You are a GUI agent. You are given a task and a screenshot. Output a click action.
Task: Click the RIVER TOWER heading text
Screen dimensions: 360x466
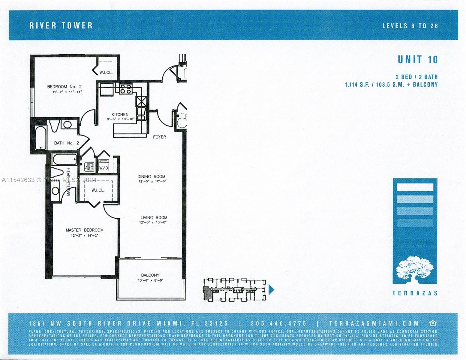[x=61, y=25]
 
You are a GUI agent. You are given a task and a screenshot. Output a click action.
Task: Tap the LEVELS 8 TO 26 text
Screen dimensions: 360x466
[x=410, y=26]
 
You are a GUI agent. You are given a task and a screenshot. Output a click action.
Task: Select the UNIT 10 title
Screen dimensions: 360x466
[x=417, y=60]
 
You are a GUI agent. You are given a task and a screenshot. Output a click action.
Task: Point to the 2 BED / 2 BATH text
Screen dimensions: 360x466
[x=419, y=77]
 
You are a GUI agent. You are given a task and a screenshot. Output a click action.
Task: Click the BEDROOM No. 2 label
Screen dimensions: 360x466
[x=64, y=87]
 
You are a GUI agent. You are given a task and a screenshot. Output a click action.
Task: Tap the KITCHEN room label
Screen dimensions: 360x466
[x=120, y=115]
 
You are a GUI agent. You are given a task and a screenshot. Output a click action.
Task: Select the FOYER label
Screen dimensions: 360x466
[x=159, y=137]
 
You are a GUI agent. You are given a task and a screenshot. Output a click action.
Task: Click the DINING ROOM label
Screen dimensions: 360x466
[x=151, y=177]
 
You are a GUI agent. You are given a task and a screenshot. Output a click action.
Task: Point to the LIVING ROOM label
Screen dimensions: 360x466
[x=154, y=217]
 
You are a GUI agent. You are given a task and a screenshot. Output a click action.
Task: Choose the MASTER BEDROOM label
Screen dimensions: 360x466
[x=85, y=230]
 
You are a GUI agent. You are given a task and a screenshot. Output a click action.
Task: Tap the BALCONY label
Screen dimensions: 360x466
[x=150, y=275]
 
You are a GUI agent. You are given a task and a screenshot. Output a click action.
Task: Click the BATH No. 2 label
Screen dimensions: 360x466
[x=66, y=143]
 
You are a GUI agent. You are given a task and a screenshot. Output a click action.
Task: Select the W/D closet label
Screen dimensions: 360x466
[x=104, y=168]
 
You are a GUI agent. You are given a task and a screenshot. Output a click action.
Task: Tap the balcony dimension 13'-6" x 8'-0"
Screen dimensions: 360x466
[x=150, y=280]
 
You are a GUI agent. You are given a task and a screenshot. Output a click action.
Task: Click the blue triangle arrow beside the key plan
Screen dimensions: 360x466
[x=271, y=290]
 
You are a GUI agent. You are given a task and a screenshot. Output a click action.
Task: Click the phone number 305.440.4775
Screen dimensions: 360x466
[x=279, y=323]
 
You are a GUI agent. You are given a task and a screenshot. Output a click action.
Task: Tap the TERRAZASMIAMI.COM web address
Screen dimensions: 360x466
[x=374, y=323]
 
